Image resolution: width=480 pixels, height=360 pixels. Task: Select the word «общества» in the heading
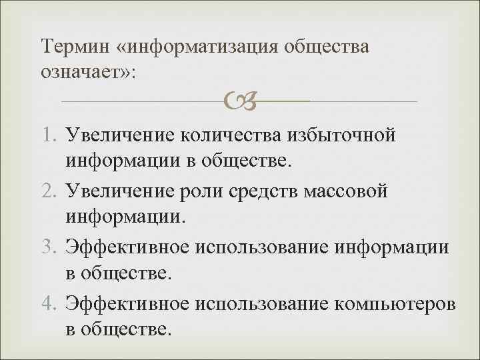click(328, 47)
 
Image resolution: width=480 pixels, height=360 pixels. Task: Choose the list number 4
click(50, 305)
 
